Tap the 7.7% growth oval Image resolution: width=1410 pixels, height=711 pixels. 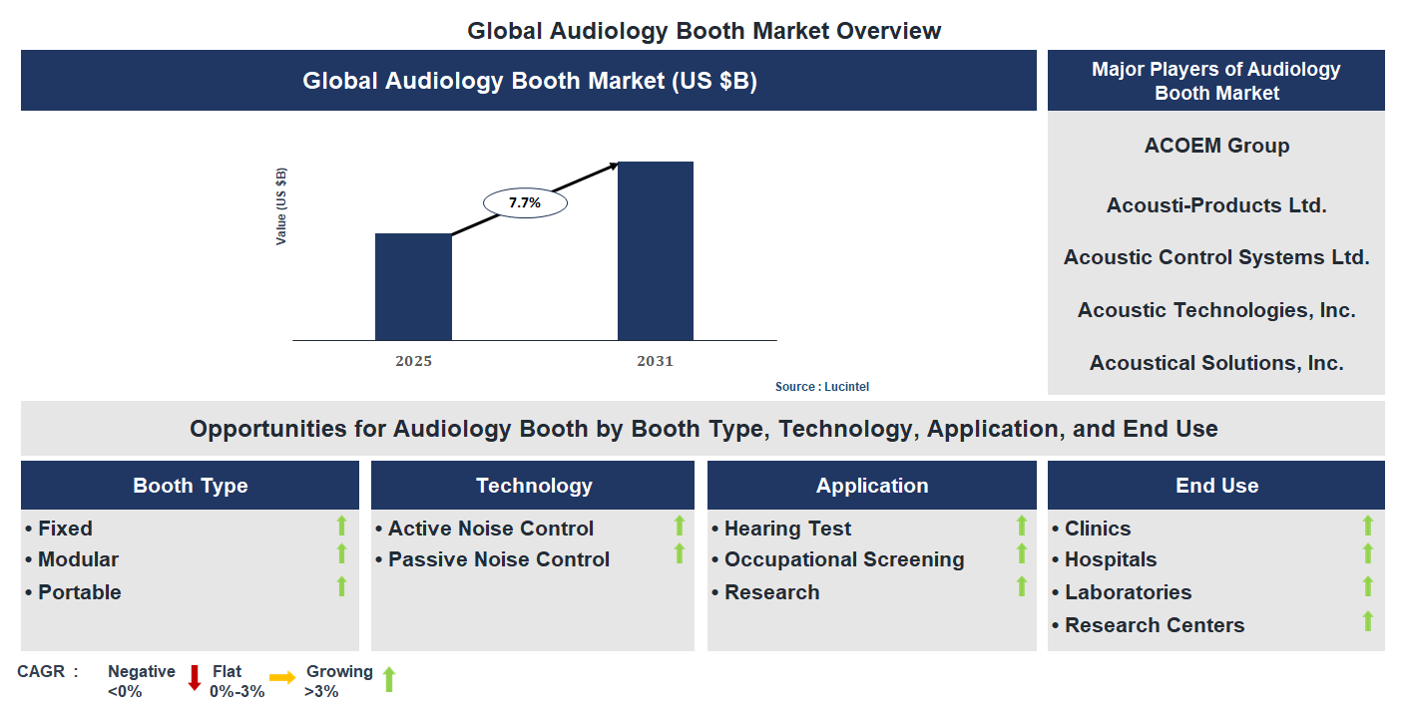pyautogui.click(x=525, y=202)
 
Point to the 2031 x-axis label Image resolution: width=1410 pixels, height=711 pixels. pyautogui.click(x=656, y=361)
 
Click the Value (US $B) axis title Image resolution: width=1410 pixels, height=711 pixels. pyautogui.click(x=281, y=206)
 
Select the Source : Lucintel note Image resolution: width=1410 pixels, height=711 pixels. pyautogui.click(x=815, y=387)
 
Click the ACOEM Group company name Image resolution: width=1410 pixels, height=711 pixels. pyautogui.click(x=1216, y=146)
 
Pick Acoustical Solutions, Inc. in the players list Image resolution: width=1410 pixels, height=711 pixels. pyautogui.click(x=1216, y=363)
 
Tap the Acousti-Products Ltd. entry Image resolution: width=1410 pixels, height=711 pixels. pyautogui.click(x=1216, y=205)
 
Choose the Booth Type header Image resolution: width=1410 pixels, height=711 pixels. pyautogui.click(x=191, y=486)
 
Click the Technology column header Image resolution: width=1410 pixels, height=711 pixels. pyautogui.click(x=534, y=486)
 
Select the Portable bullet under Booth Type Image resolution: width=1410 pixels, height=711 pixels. pyautogui.click(x=79, y=592)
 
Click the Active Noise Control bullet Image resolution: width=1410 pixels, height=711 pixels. pyautogui.click(x=490, y=529)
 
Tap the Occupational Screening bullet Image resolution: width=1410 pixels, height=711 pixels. pyautogui.click(x=843, y=559)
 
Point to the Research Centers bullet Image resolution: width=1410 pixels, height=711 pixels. pyautogui.click(x=1154, y=625)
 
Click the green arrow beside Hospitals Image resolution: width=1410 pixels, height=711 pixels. pyautogui.click(x=1367, y=553)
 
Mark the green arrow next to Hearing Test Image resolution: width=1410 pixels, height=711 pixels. pyautogui.click(x=1021, y=525)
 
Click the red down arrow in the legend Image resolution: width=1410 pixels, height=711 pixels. pyautogui.click(x=195, y=678)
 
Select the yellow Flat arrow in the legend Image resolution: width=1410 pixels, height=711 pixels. pyautogui.click(x=282, y=678)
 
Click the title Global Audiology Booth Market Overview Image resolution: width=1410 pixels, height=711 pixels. pyautogui.click(x=704, y=31)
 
